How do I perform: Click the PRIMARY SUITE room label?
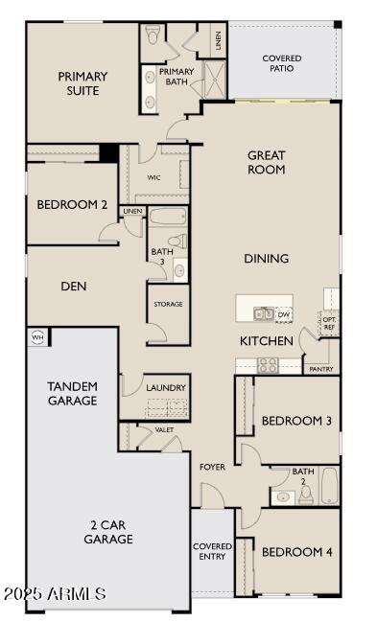pyautogui.click(x=82, y=83)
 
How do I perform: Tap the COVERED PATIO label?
pyautogui.click(x=282, y=64)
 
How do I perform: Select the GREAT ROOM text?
pyautogui.click(x=267, y=162)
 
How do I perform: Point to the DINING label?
pyautogui.click(x=266, y=259)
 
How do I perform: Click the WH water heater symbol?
pyautogui.click(x=38, y=336)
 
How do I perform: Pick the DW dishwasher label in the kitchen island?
pyautogui.click(x=283, y=313)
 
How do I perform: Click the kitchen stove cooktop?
pyautogui.click(x=267, y=364)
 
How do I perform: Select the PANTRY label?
pyautogui.click(x=320, y=368)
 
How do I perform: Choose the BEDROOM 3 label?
pyautogui.click(x=296, y=421)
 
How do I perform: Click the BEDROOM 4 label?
pyautogui.click(x=296, y=552)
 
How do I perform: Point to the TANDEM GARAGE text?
pyautogui.click(x=72, y=394)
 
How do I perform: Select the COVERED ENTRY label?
pyautogui.click(x=212, y=552)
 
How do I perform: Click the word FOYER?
pyautogui.click(x=212, y=467)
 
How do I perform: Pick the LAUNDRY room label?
pyautogui.click(x=165, y=388)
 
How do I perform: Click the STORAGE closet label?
pyautogui.click(x=168, y=304)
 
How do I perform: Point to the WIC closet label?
pyautogui.click(x=153, y=177)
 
